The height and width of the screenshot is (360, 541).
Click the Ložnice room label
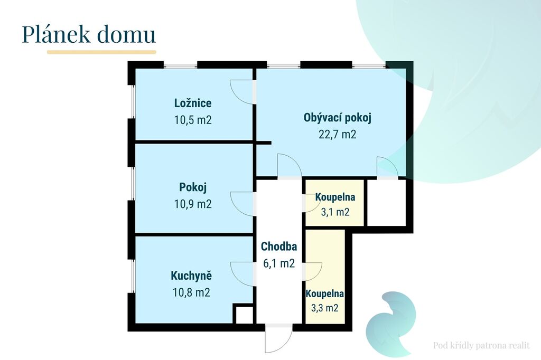click(192, 103)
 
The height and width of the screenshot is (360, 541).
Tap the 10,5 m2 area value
click(192, 120)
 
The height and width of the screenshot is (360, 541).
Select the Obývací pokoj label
click(338, 118)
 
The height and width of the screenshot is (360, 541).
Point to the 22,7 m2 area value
click(338, 134)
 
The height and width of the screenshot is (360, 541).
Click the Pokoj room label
click(193, 187)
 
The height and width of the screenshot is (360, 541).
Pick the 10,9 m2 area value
click(192, 204)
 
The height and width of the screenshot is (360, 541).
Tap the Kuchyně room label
click(191, 276)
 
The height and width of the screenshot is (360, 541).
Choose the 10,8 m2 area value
click(191, 292)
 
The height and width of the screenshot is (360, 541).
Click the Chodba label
click(279, 247)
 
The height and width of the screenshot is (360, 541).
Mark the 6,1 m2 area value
click(279, 263)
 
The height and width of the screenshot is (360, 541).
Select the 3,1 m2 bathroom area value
click(335, 212)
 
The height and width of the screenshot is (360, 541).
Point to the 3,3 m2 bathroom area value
click(325, 308)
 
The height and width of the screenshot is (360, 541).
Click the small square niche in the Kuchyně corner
click(244, 314)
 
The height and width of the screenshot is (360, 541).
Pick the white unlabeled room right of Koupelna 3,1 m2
click(386, 203)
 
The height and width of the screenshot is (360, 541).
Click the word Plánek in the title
click(55, 34)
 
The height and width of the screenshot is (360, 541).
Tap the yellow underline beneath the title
click(101, 52)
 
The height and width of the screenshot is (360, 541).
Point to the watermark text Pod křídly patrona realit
click(481, 346)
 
